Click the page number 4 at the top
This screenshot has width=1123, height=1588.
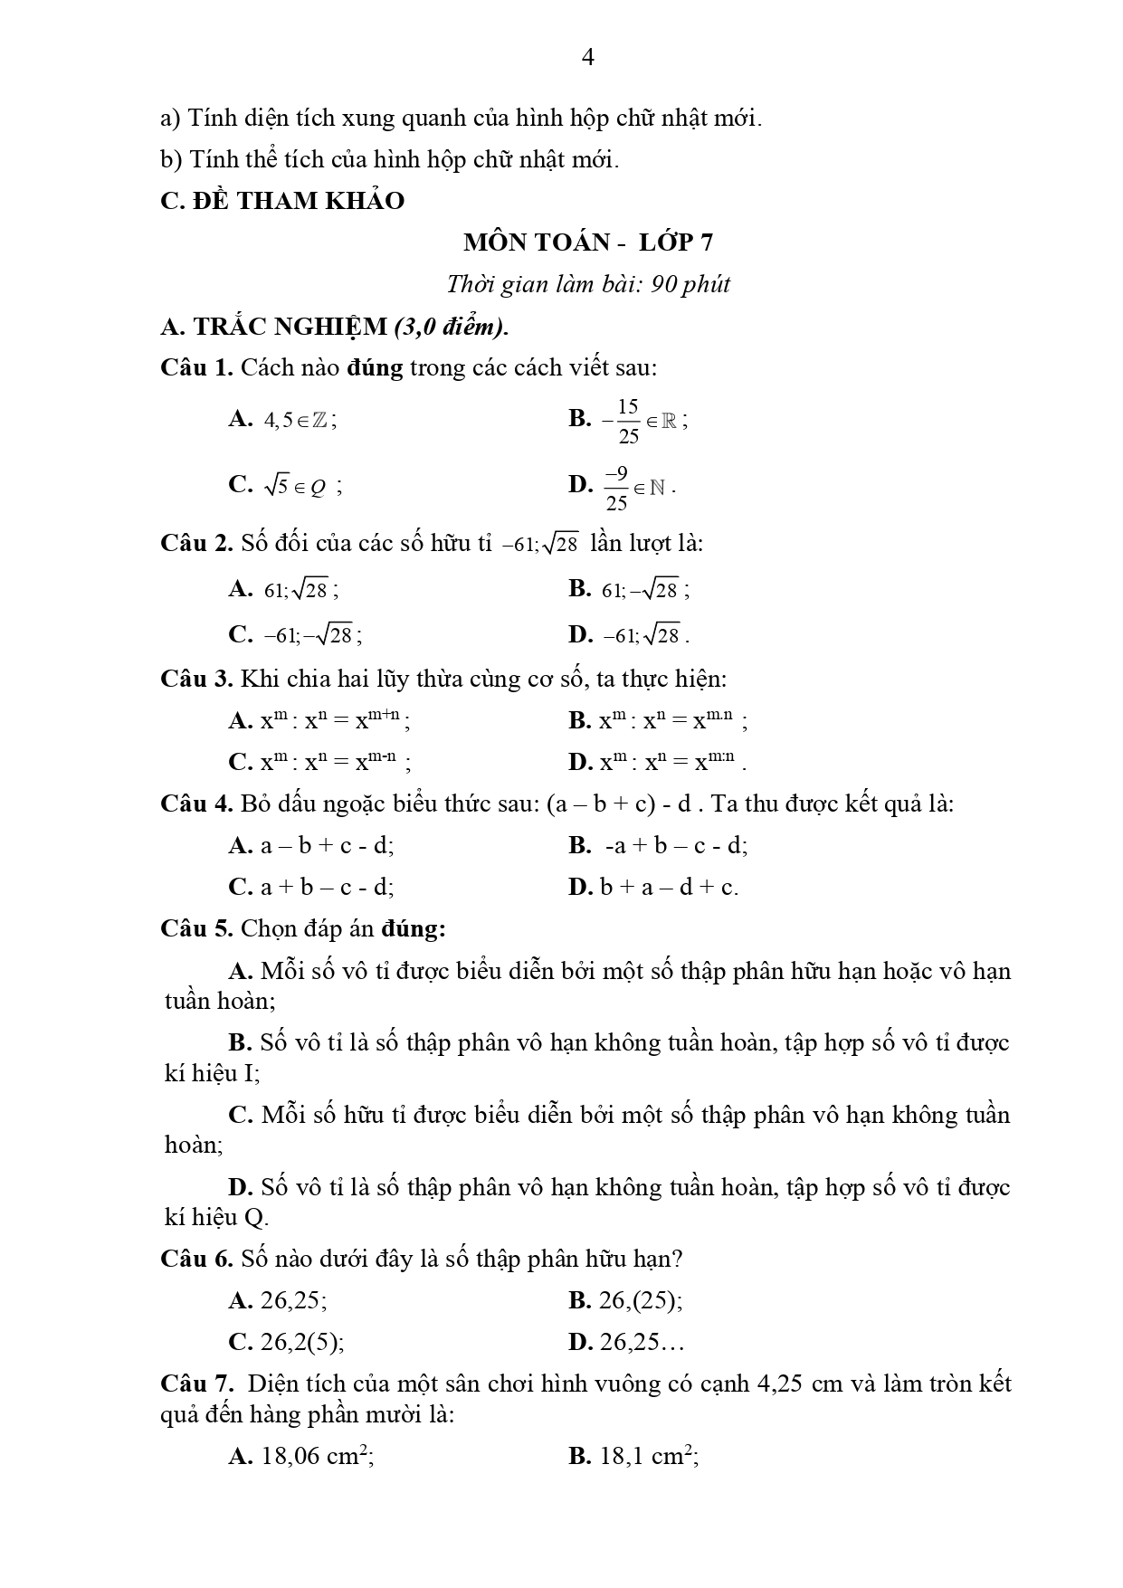[587, 58]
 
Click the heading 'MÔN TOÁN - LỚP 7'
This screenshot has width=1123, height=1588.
[587, 242]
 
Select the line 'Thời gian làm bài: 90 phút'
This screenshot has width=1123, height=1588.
[587, 284]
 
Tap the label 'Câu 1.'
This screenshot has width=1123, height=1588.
[196, 368]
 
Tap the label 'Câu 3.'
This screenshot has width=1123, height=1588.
[196, 680]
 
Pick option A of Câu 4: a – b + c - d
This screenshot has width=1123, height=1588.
[311, 846]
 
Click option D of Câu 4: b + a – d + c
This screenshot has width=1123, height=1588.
[653, 888]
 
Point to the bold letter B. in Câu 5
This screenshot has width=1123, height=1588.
[240, 1042]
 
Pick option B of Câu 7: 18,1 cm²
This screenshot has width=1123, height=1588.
[634, 1456]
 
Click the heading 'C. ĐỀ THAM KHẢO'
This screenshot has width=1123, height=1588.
[282, 201]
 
